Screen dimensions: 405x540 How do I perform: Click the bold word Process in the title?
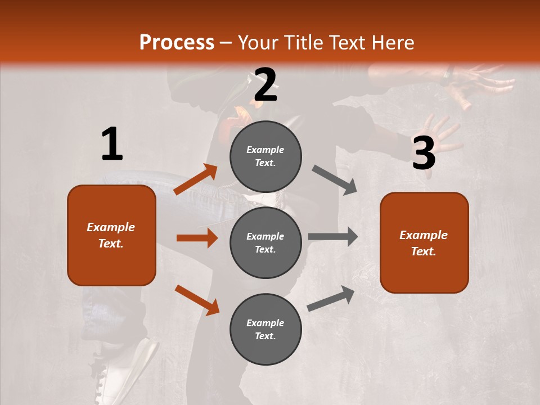tap(177, 42)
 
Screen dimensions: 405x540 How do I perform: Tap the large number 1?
tap(112, 144)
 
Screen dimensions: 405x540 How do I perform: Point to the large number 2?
tap(265, 85)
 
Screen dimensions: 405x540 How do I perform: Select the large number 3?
tap(424, 154)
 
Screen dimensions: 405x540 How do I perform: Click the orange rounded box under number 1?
tap(111, 235)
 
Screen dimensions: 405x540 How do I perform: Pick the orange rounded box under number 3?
tap(424, 242)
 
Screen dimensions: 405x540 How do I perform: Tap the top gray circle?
tap(265, 156)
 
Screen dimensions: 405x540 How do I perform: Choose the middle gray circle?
tap(265, 242)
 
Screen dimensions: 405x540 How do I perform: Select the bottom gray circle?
tap(265, 329)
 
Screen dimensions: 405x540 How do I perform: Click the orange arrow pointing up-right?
tap(196, 179)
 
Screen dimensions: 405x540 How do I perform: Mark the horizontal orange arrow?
tap(197, 238)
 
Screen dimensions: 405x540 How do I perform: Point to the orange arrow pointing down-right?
tap(197, 300)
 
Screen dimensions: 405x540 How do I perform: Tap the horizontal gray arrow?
tap(333, 237)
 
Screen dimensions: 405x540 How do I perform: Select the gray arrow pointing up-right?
tap(331, 299)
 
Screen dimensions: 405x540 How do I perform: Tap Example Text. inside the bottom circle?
tap(265, 329)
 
